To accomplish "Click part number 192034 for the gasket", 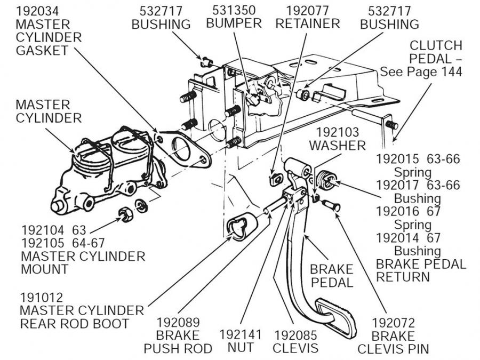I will pos(37,10).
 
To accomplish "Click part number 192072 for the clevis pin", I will pos(393,323).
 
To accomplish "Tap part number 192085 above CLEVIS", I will pos(296,335).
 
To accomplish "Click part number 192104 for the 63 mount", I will pos(43,230).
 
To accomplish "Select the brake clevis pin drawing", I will pos(329,204).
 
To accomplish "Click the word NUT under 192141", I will pos(241,348).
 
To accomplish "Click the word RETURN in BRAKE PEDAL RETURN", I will pos(403,277).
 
